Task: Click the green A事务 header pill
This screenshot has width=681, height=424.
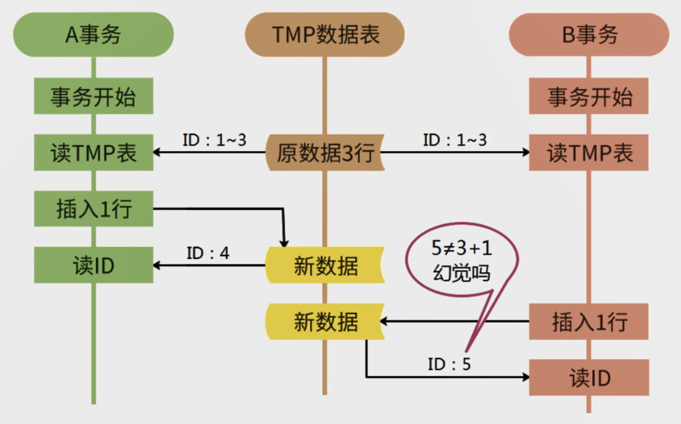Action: coord(93,35)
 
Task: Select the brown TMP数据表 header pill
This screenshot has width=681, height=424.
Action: coord(325,35)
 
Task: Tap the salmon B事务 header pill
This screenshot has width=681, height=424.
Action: coord(589,35)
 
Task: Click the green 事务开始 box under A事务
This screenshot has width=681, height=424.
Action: coord(94,96)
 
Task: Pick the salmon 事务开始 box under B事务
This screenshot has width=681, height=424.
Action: coord(589,96)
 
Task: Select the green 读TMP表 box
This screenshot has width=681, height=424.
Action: coord(94,153)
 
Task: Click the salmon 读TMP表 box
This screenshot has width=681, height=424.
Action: coord(589,153)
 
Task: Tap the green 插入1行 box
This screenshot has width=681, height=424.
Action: coord(94,209)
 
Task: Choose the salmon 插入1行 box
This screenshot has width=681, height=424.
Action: coord(589,321)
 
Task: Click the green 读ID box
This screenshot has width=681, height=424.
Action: coord(94,265)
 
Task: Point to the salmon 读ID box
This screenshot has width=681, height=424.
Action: coord(589,378)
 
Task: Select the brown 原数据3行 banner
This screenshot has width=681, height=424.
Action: coord(325,153)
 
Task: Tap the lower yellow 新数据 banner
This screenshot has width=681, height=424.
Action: coord(325,322)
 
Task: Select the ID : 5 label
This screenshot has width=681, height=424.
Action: coord(449,364)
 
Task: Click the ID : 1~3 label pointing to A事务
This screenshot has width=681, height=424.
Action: coord(214,140)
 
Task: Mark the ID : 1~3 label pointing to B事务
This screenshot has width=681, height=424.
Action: coord(454,140)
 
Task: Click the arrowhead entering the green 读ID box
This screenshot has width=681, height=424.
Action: coord(157,265)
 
